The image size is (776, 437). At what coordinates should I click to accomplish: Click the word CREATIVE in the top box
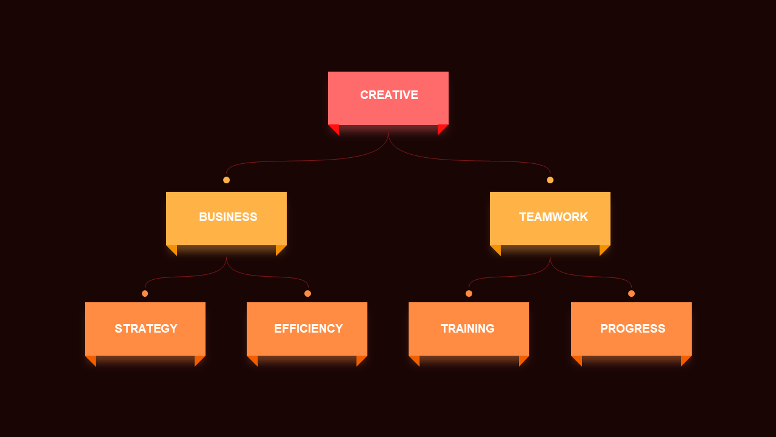[389, 95]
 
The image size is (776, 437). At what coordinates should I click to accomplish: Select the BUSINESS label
[228, 217]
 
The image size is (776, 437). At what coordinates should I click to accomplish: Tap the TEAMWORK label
[554, 217]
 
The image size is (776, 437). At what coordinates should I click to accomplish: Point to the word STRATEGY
[146, 328]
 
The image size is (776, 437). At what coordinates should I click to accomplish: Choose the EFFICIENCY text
[309, 328]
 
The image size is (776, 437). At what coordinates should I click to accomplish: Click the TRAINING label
[467, 328]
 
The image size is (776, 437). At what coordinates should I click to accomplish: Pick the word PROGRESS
[632, 328]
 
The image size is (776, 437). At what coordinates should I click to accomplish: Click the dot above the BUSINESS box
[226, 180]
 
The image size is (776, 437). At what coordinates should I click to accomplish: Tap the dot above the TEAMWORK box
[550, 180]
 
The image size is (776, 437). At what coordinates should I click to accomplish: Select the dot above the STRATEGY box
[145, 294]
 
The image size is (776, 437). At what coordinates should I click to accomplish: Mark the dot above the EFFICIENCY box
[307, 294]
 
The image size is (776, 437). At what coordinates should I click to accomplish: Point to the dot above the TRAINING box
[469, 294]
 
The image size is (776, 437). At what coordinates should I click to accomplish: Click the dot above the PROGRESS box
[631, 294]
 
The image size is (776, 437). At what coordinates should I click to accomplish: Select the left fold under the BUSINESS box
[173, 249]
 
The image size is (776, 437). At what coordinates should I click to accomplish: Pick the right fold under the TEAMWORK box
[603, 249]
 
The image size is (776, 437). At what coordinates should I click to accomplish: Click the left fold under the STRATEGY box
[92, 360]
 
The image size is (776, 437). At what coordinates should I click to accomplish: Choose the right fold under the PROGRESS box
[684, 360]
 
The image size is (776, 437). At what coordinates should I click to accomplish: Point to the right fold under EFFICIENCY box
[360, 360]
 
